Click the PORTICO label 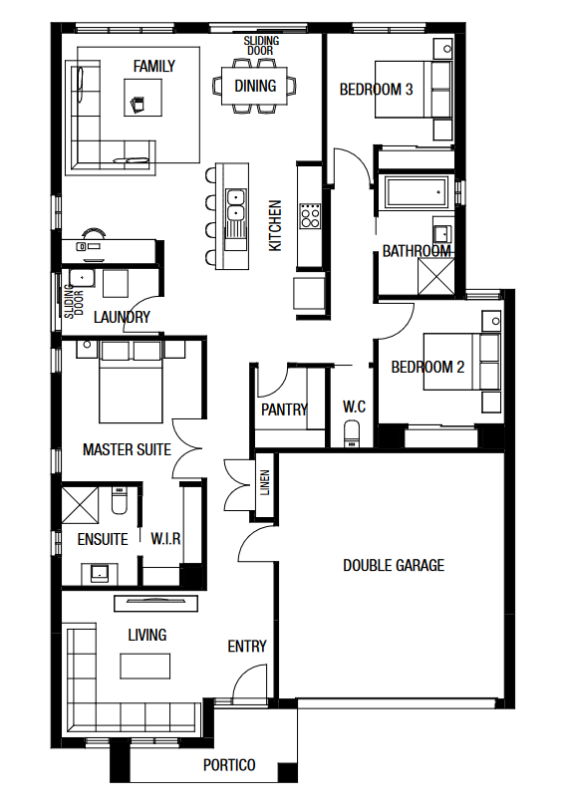229,765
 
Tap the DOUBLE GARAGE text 394,565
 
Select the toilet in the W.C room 352,434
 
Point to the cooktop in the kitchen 310,216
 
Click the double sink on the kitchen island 235,205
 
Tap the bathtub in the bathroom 417,192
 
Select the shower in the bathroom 436,277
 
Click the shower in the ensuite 81,504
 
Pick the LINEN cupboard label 265,482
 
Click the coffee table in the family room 142,98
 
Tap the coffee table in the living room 145,666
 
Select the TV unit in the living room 155,603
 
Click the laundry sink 82,279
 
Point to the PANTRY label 284,410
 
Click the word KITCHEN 275,226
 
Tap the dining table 254,86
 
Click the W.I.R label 165,539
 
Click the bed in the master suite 131,382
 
